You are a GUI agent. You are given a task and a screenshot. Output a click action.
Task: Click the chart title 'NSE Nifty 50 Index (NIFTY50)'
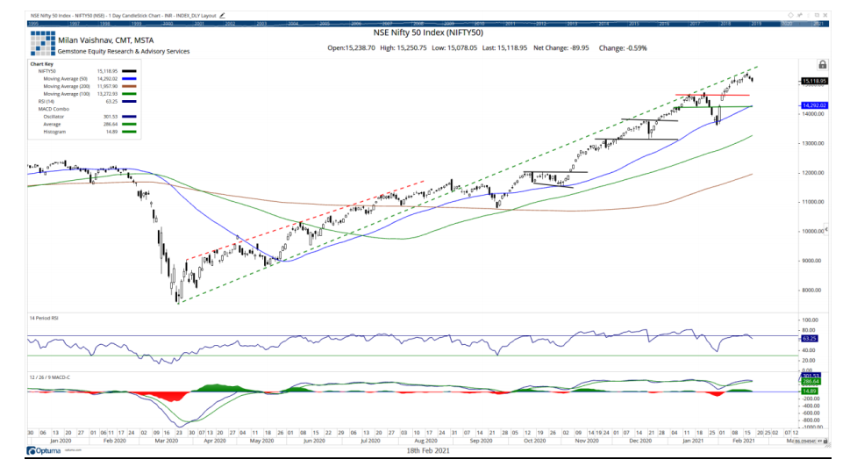coord(427,32)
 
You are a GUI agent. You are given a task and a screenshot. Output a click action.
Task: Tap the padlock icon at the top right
coord(822,64)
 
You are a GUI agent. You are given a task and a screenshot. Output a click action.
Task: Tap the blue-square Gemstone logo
coord(42,44)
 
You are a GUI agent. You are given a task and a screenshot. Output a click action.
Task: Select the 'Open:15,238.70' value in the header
coord(352,48)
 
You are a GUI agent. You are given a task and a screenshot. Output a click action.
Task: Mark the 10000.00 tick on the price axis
coord(815,231)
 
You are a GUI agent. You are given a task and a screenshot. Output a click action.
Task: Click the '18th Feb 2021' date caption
coord(428,450)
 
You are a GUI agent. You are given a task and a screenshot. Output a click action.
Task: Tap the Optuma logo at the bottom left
coord(46,450)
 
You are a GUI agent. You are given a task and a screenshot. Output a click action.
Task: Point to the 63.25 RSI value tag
coord(814,337)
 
